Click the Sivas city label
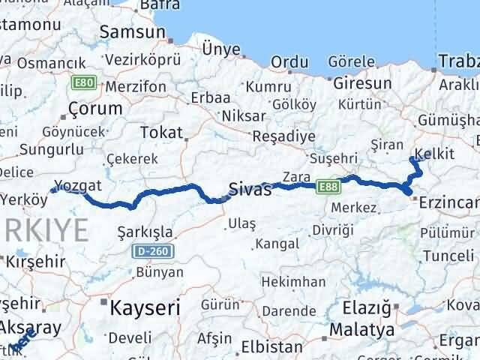coord(250,189)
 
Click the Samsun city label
coord(132,32)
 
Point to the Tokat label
coord(161,133)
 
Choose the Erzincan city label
coord(450,202)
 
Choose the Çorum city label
coord(94,109)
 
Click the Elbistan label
coord(271,346)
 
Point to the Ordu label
coord(290,62)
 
